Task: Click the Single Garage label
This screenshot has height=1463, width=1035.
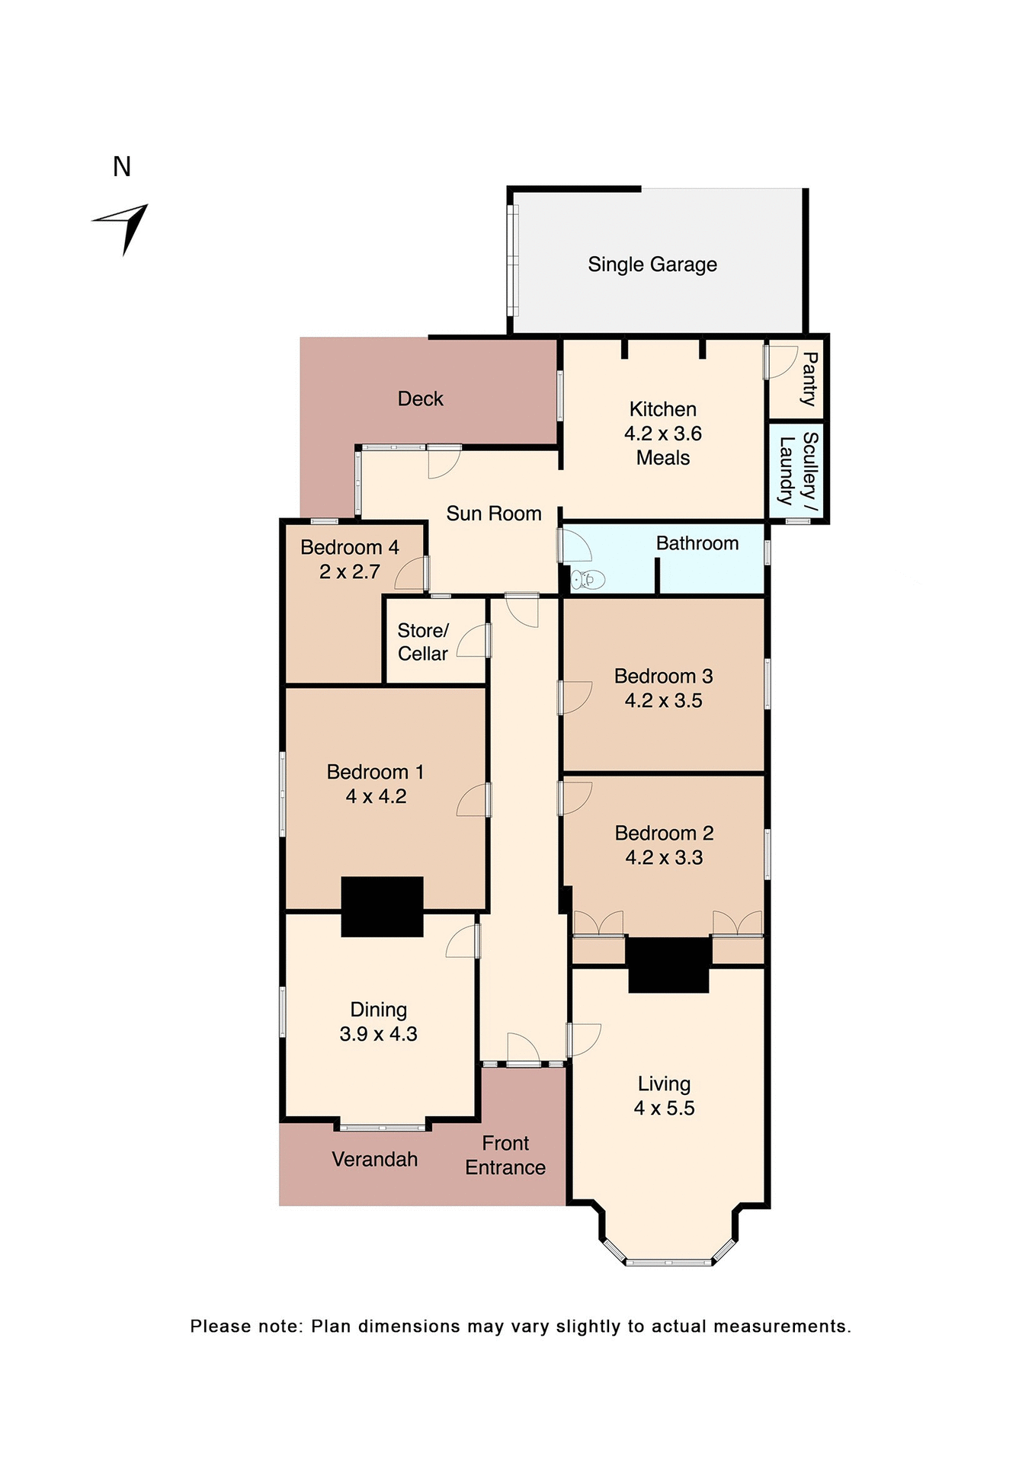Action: pos(652,264)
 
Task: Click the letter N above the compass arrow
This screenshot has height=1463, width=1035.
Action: pos(122,167)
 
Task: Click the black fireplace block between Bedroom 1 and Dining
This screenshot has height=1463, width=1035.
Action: pos(382,906)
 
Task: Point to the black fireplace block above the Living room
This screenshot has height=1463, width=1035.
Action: pos(668,964)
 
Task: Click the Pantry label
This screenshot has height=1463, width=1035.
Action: pos(809,379)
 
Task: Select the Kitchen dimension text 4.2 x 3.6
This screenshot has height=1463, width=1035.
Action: pos(662,434)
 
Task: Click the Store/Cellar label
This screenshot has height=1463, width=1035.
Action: pos(423,642)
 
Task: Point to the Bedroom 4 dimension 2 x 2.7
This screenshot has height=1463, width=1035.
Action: pos(349,571)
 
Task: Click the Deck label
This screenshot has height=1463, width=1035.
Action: pos(420,399)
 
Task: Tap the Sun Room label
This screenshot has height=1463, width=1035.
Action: pos(494,514)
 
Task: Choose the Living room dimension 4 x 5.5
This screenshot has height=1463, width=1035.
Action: pos(664,1108)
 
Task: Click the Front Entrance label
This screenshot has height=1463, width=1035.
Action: pos(505,1155)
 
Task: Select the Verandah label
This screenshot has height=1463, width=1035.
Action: pos(374,1159)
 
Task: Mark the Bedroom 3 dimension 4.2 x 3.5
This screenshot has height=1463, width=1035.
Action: pos(663,700)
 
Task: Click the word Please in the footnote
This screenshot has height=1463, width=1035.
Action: pos(219,1326)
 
